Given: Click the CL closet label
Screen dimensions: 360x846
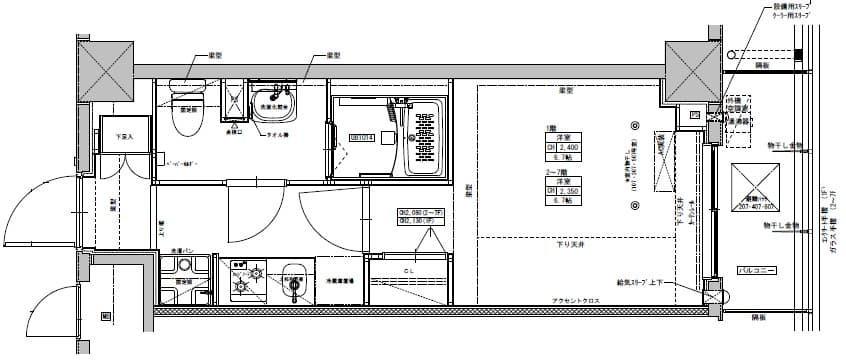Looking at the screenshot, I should pyautogui.click(x=410, y=271).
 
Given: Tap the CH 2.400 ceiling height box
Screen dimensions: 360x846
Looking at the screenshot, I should pyautogui.click(x=557, y=146).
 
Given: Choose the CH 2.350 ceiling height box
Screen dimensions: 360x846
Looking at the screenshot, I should pyautogui.click(x=557, y=190).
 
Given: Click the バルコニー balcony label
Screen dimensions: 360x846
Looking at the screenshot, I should pyautogui.click(x=752, y=271).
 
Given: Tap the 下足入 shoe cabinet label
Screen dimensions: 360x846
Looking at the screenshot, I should pyautogui.click(x=125, y=136).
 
